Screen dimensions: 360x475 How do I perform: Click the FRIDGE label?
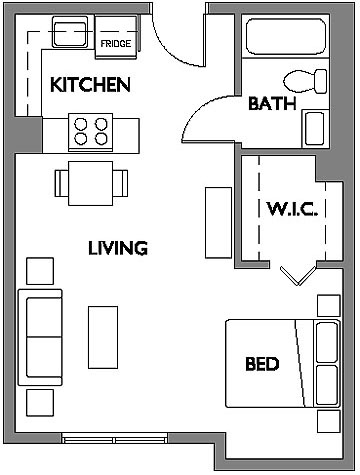click(x=116, y=44)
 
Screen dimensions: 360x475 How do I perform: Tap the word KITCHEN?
click(x=90, y=85)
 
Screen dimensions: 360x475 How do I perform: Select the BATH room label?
click(x=272, y=103)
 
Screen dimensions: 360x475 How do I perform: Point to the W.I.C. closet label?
click(x=292, y=209)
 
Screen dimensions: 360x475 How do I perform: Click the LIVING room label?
click(x=118, y=248)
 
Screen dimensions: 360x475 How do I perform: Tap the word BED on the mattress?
click(x=262, y=364)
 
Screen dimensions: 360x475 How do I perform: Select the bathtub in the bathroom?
click(x=286, y=36)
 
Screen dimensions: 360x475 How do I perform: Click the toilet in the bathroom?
click(x=305, y=81)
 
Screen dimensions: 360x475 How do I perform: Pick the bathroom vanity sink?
click(x=315, y=129)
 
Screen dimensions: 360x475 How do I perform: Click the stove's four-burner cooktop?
click(x=91, y=132)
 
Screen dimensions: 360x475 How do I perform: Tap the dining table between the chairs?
click(x=91, y=183)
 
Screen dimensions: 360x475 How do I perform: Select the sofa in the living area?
click(x=40, y=337)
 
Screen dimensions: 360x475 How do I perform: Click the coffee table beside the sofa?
click(x=103, y=337)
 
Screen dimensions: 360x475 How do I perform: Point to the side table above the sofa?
click(x=40, y=271)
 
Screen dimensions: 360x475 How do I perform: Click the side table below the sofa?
click(x=40, y=403)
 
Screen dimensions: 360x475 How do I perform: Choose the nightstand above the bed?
click(x=329, y=305)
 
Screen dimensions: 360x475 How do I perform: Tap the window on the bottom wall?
click(x=115, y=438)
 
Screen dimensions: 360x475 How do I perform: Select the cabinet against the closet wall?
click(x=218, y=223)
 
